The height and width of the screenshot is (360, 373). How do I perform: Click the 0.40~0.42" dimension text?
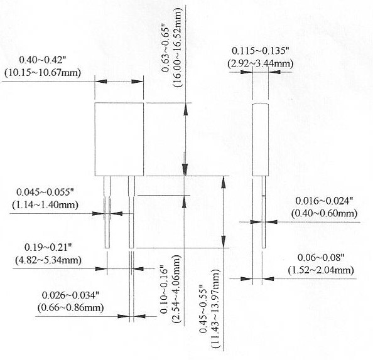click(x=42, y=60)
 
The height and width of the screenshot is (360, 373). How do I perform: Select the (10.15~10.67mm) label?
click(x=43, y=73)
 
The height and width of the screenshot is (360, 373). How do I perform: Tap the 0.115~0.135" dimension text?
click(x=260, y=51)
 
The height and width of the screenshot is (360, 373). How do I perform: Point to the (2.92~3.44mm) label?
click(x=260, y=64)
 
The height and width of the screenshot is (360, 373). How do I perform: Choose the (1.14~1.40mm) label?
click(x=45, y=205)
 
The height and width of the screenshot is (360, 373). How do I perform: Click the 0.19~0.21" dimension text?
click(x=48, y=247)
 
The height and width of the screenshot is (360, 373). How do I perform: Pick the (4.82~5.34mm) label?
click(x=48, y=260)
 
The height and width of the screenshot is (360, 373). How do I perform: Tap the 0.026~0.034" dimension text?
click(x=70, y=295)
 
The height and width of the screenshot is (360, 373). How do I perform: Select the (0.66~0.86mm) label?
click(x=71, y=308)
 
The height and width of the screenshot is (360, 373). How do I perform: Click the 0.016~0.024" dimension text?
click(x=324, y=201)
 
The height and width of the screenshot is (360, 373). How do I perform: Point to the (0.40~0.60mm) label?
click(x=325, y=213)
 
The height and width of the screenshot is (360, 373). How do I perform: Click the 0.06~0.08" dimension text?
click(x=321, y=258)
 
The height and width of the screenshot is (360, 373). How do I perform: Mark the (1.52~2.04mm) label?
click(x=321, y=270)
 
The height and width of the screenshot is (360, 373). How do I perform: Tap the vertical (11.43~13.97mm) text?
click(x=216, y=309)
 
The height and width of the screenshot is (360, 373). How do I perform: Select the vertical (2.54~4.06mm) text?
click(x=176, y=289)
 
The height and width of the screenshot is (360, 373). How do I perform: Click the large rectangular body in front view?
click(x=119, y=139)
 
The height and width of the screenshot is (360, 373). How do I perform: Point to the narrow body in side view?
click(x=260, y=139)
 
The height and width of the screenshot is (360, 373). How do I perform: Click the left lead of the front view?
click(x=107, y=212)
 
